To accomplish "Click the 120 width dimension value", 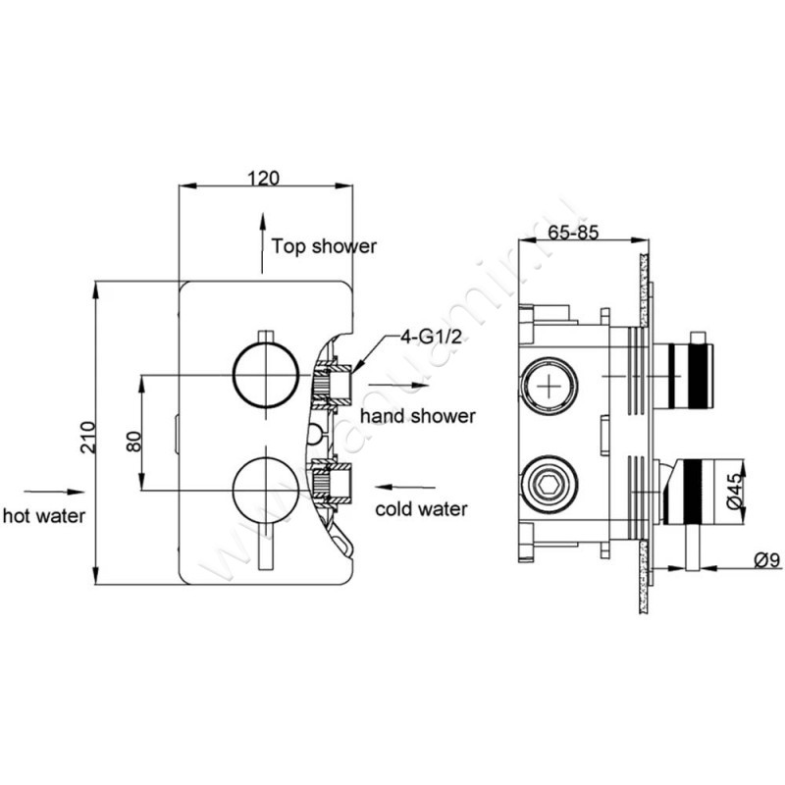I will point(264,178).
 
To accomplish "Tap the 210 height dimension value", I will point(89,434).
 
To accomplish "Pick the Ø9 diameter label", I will point(766,559).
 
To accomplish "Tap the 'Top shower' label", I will point(324,246).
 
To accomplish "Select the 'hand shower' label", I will point(417,416).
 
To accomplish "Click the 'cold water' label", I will point(422,509).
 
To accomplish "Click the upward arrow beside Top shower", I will point(261,240).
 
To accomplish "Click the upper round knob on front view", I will point(263,375).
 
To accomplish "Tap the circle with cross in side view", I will point(548,385).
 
